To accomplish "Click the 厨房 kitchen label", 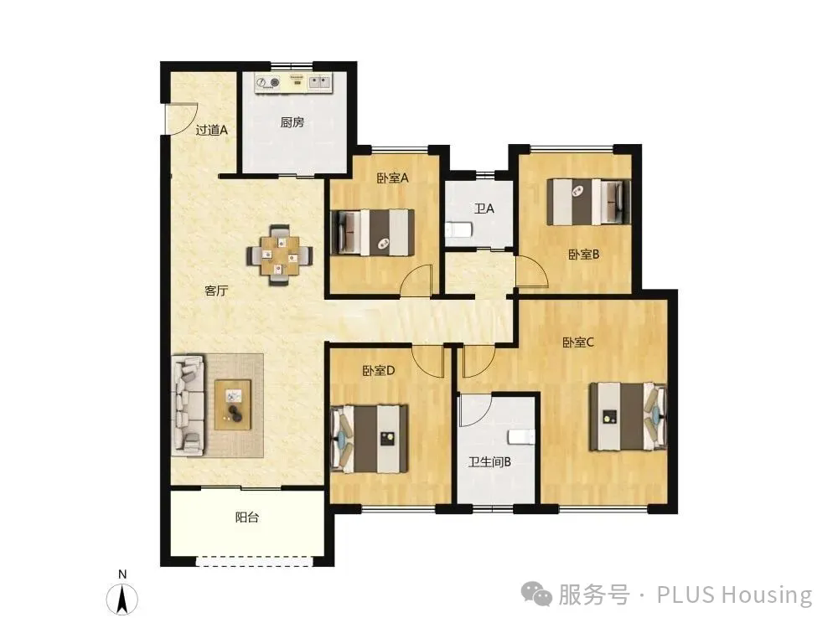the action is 292,122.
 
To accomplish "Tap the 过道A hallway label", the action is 212,130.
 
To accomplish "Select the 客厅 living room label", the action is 216,291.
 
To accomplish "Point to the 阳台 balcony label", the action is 247,517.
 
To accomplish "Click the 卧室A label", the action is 392,178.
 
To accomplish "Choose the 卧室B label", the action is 583,255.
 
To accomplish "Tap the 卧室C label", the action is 578,342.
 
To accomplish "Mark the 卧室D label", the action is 379,370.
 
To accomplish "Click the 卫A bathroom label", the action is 484,208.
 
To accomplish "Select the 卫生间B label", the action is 489,461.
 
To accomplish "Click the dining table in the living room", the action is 280,255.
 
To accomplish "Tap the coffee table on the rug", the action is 232,404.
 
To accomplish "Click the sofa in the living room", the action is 188,406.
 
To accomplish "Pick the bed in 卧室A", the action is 373,232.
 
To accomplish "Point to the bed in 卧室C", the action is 628,416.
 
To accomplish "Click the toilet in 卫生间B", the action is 521,437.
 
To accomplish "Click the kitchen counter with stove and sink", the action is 292,82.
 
